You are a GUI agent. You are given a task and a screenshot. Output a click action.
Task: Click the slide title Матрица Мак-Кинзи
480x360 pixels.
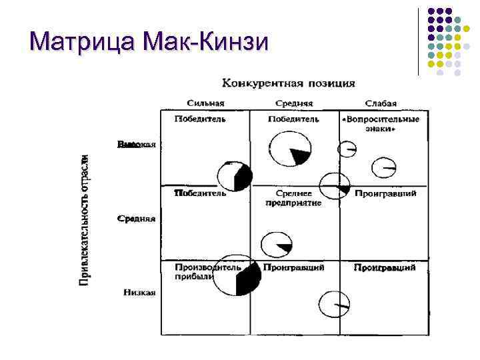[x=150, y=42]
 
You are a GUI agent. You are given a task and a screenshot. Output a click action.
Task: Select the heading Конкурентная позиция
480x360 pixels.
[x=288, y=83]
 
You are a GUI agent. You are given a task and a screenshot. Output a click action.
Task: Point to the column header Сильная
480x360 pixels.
[x=205, y=103]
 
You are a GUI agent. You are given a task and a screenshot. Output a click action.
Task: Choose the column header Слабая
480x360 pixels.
[x=381, y=103]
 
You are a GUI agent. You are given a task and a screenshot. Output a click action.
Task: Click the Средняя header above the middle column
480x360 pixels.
[x=294, y=103]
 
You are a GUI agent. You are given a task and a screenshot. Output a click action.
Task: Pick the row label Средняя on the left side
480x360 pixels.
[x=137, y=218]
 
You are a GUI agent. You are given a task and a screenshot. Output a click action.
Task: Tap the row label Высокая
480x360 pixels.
[x=137, y=144]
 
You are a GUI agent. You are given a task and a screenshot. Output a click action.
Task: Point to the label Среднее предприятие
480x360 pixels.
[x=293, y=198]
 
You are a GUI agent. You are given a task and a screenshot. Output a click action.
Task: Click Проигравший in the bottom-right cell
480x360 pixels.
[x=385, y=267]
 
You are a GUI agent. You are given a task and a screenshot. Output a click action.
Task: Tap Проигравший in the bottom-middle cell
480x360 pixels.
[x=293, y=267]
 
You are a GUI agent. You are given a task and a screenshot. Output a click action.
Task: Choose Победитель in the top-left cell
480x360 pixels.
[x=199, y=119]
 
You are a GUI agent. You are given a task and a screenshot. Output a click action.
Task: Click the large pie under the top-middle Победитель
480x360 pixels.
[x=289, y=149]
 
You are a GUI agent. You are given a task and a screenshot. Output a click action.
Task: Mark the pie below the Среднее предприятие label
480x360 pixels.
[x=276, y=245]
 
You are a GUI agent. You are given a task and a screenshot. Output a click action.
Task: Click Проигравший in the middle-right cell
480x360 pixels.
[x=385, y=193]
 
